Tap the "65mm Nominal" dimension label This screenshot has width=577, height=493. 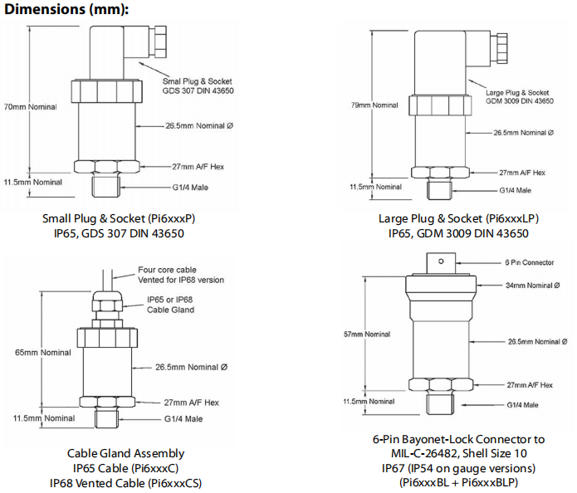coord(32,352)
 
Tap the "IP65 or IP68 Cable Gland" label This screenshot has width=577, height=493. coord(170,304)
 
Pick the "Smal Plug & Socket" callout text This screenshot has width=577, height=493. coord(198,81)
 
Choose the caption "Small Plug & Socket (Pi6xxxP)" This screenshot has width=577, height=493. coord(124,219)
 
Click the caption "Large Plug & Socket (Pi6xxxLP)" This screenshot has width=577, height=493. coord(458,219)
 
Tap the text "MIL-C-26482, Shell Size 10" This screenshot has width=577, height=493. coord(458,454)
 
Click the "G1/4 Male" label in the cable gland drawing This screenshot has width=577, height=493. coord(183,418)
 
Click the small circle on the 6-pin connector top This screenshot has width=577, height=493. coord(441,262)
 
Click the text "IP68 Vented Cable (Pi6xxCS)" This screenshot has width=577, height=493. coord(125,483)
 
